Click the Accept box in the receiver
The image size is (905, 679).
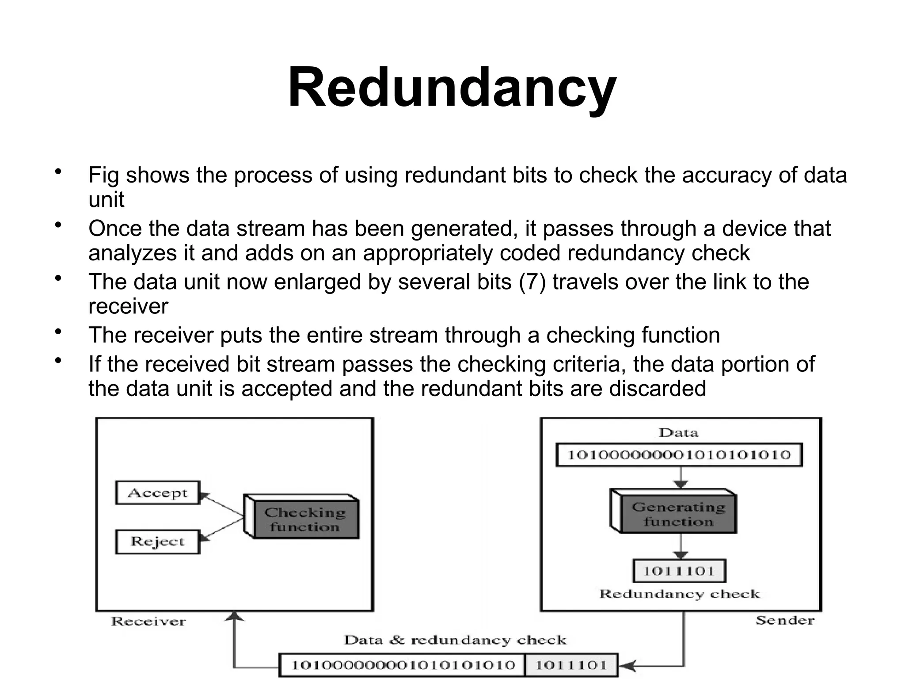(x=157, y=492)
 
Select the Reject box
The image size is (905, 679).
(x=157, y=542)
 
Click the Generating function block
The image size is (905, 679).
(x=678, y=514)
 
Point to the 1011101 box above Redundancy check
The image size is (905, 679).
(x=679, y=571)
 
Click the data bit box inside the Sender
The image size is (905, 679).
(x=679, y=455)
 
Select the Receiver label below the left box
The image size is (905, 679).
(x=148, y=621)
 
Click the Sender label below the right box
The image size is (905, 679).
(x=785, y=620)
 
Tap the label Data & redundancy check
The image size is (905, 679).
(x=455, y=640)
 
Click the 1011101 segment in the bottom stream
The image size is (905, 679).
(x=571, y=665)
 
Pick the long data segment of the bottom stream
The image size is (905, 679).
(x=403, y=665)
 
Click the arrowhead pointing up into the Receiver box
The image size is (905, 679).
(x=235, y=616)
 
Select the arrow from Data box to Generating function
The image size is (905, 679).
(x=681, y=477)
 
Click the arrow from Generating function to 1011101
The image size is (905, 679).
(x=681, y=547)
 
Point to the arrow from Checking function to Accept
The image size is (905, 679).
(x=223, y=505)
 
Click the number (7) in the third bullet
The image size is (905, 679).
(x=532, y=282)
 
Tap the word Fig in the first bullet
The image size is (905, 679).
(x=103, y=175)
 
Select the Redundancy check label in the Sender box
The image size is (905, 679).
(x=679, y=594)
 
